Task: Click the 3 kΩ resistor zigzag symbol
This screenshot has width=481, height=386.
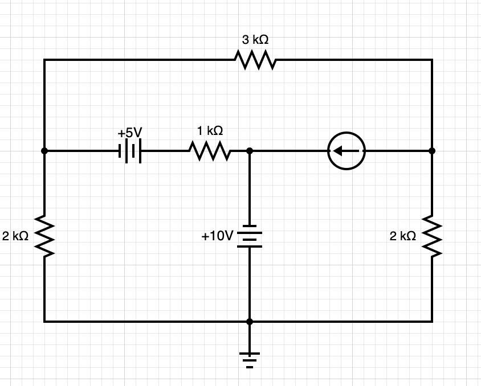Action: pos(255,60)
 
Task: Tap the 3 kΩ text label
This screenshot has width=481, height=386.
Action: pos(255,40)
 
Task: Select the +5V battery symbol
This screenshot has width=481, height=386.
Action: pos(130,151)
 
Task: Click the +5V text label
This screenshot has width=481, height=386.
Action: pos(129,133)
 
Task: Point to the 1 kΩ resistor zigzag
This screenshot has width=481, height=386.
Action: pos(210,151)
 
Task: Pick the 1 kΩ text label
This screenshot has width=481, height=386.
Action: pos(210,131)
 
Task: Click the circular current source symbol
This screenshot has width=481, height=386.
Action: pos(347,151)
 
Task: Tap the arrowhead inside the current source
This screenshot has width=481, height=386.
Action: pos(338,151)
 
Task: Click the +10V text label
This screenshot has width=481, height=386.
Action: pos(217,236)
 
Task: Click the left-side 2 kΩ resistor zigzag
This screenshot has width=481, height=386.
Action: pos(44,236)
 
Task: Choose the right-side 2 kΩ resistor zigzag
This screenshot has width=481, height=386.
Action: pos(432,236)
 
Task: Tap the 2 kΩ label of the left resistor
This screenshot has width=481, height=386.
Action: pos(15,236)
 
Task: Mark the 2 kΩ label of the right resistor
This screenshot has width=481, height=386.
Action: pos(403,236)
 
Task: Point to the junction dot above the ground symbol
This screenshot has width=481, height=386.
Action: pos(249,322)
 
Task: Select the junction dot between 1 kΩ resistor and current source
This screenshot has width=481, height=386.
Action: pos(249,151)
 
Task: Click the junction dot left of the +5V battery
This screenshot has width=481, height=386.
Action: pos(44,151)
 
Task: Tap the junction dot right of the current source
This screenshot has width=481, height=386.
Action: pos(432,151)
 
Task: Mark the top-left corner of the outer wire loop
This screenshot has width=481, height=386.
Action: pos(44,60)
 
